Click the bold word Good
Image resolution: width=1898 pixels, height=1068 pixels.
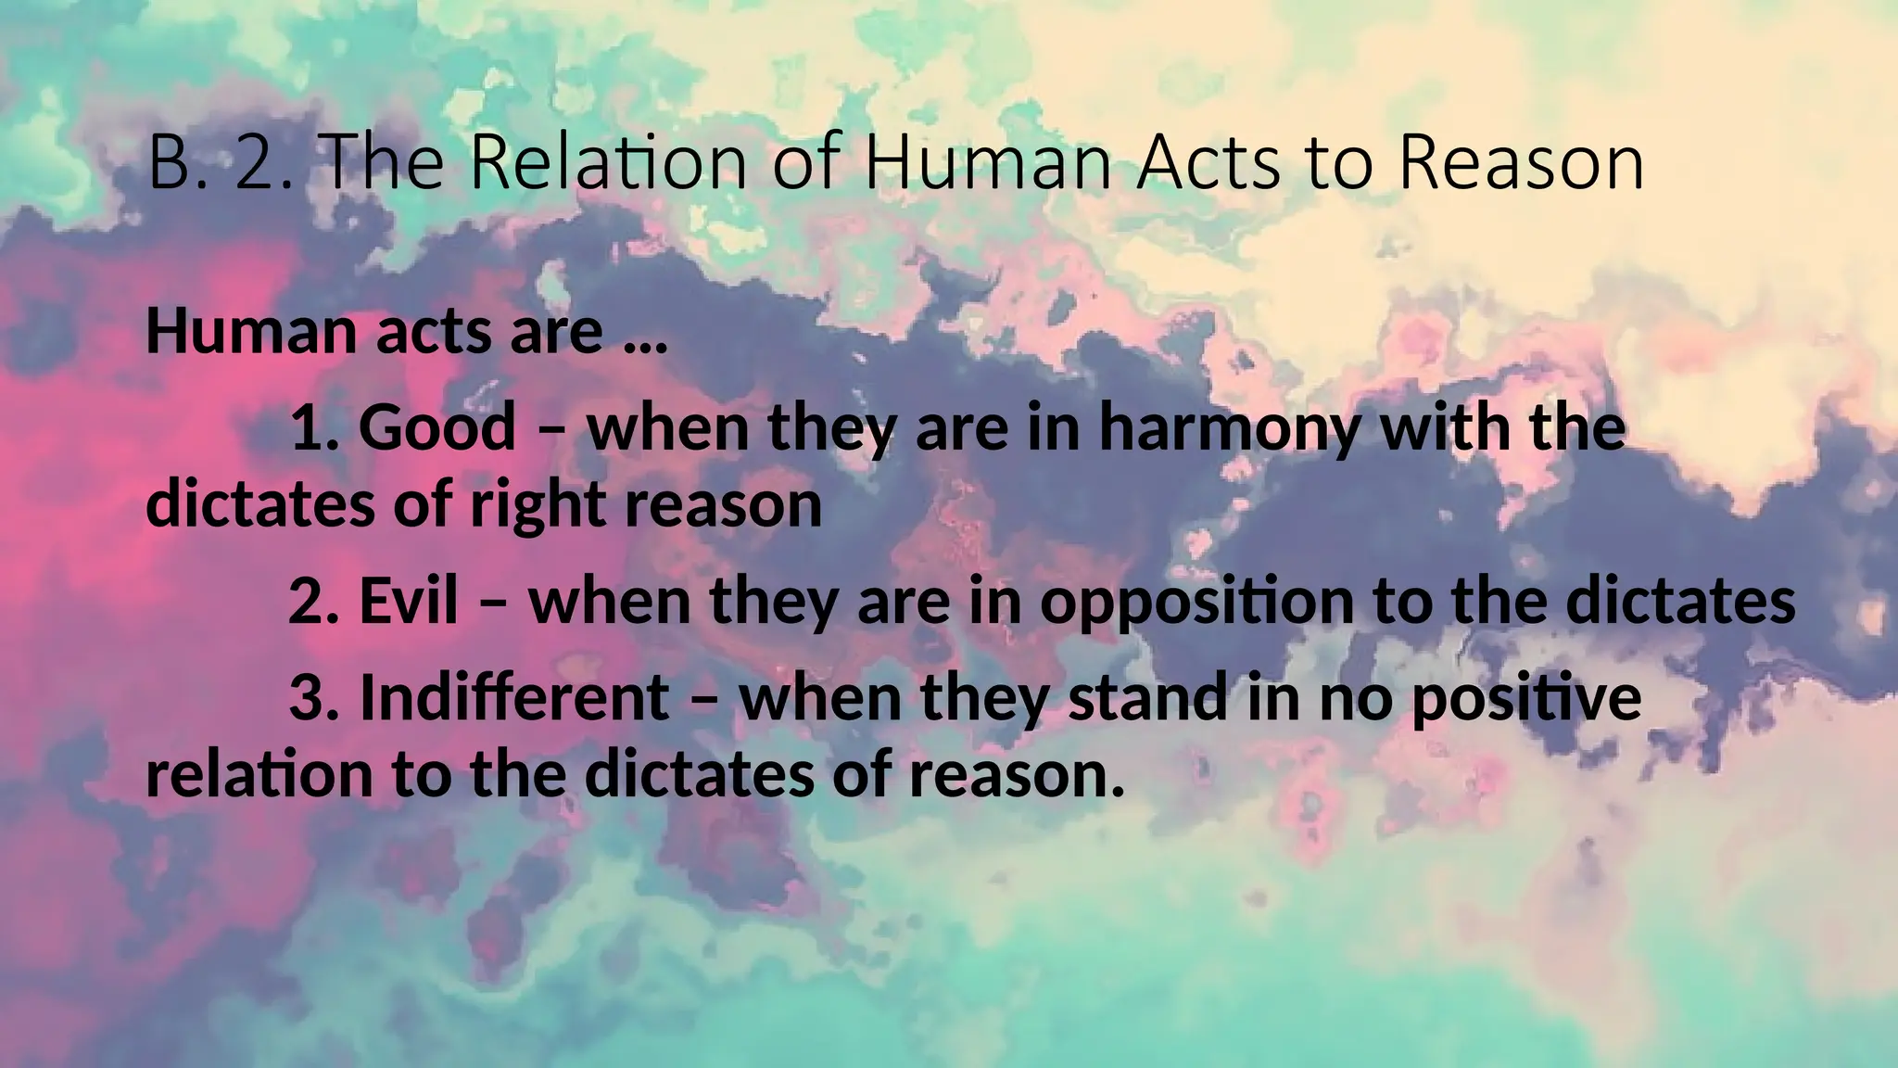click(437, 428)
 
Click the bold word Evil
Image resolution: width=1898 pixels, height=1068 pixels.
click(408, 601)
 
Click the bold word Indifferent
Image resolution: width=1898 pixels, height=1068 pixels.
click(513, 697)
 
